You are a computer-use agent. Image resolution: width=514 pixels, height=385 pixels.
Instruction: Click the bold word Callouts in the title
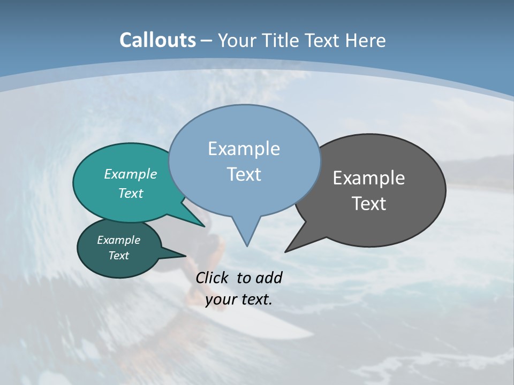[x=157, y=40]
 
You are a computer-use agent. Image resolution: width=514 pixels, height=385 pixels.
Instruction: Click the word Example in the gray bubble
[x=368, y=178]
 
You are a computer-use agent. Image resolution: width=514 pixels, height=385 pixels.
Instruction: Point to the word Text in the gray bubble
[x=368, y=204]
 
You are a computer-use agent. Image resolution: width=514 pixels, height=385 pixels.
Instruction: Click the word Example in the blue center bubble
[x=244, y=149]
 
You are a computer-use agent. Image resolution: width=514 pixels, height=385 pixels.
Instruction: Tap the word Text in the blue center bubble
[x=244, y=174]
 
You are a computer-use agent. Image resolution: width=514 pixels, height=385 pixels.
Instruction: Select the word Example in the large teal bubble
[x=130, y=174]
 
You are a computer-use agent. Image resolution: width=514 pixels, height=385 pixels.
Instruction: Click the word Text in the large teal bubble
[x=130, y=193]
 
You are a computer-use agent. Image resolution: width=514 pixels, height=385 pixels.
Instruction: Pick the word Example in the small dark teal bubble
[x=118, y=240]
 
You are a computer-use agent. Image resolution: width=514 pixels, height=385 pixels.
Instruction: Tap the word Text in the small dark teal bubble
[x=118, y=256]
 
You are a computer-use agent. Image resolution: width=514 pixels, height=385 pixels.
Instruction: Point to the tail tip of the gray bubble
[x=287, y=250]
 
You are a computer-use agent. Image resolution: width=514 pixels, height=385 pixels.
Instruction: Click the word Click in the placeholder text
[x=213, y=278]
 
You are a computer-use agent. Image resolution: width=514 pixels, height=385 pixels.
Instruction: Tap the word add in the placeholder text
[x=269, y=278]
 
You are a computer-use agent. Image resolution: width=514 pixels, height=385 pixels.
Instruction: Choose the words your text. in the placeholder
[x=238, y=299]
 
